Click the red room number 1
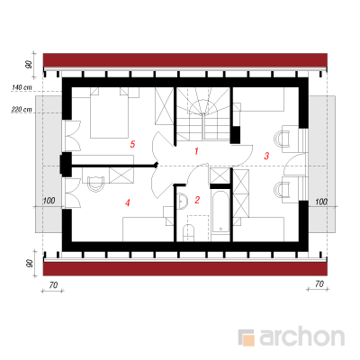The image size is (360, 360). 196,151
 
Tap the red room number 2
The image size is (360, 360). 197,200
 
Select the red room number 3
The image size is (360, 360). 266,156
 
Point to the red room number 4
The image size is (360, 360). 128,203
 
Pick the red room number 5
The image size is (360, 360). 132,144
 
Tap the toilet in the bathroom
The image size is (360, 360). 189,232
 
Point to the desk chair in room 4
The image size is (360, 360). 96,184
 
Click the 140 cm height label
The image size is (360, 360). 22,87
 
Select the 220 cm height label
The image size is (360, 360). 22,110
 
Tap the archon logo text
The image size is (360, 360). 301,337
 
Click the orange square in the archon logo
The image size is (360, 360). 248,340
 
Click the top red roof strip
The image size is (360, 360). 185,60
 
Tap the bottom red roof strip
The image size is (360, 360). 185,269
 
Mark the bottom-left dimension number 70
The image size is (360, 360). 53,284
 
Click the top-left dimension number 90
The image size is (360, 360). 29,64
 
